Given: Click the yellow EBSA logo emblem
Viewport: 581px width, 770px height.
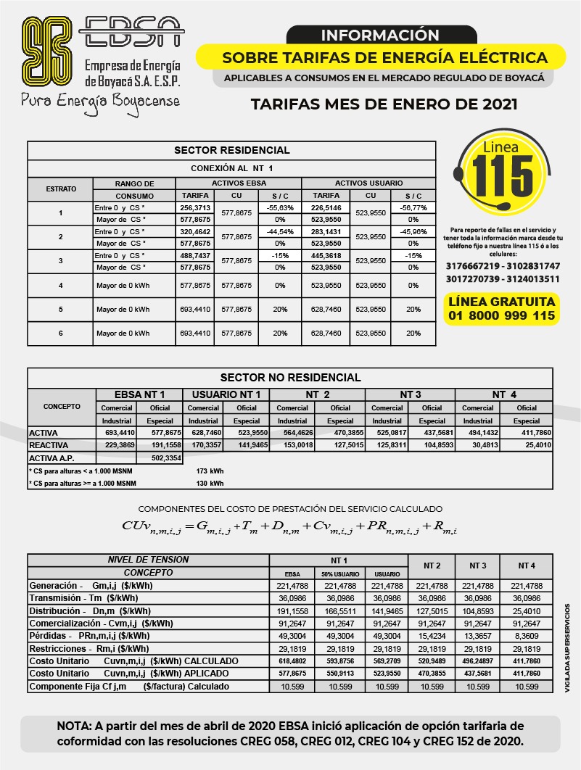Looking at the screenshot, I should coord(48,50).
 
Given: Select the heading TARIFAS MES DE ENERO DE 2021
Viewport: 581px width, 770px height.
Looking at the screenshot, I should coord(384,104).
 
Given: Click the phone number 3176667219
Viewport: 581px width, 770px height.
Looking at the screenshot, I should coord(472,266).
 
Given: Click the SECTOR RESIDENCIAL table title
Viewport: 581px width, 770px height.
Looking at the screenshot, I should coord(231,150).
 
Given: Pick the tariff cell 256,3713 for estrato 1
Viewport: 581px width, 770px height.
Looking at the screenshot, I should coord(194,207).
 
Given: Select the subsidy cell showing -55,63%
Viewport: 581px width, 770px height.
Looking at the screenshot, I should coord(279,207).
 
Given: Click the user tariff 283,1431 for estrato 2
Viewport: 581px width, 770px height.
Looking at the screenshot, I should coord(326,231).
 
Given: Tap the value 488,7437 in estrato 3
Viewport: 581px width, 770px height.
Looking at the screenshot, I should coord(194,255).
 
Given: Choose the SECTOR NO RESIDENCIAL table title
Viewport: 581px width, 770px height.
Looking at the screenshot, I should coord(290,377).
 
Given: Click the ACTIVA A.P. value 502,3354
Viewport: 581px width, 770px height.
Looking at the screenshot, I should coord(166,458).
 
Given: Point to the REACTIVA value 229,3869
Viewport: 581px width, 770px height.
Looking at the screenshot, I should coord(120,445).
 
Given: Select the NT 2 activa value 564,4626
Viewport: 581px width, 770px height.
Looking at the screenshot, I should coord(292,433).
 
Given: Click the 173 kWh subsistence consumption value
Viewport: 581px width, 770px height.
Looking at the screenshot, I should coord(210,471).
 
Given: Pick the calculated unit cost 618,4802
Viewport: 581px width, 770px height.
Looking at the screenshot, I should coord(292,661).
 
